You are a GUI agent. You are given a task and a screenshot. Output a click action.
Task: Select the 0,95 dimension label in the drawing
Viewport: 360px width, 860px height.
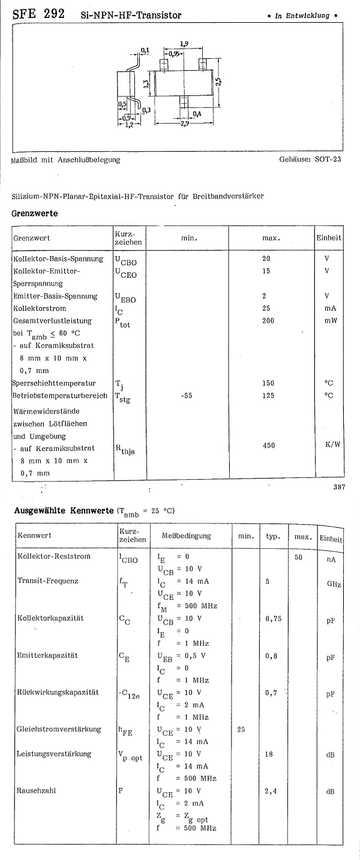tap(175, 54)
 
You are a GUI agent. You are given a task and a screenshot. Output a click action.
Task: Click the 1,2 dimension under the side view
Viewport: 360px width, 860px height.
tap(129, 125)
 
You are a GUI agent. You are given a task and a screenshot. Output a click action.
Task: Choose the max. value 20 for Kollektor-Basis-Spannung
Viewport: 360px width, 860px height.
tap(266, 258)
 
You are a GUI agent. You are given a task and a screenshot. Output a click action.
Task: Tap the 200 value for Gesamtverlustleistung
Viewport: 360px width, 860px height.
tap(268, 321)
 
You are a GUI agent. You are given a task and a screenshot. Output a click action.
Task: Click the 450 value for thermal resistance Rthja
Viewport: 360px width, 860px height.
tap(268, 446)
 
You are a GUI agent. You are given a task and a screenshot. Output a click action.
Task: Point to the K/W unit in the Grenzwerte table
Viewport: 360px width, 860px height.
tap(332, 446)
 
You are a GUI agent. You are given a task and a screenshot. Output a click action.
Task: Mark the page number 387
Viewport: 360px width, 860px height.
tap(339, 487)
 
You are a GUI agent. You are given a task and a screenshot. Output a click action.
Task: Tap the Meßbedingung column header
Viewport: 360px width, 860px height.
tap(186, 536)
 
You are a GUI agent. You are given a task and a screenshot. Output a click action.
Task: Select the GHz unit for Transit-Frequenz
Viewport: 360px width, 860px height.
tap(334, 584)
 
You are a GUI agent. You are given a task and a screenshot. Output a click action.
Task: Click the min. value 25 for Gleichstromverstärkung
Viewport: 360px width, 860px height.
tap(241, 730)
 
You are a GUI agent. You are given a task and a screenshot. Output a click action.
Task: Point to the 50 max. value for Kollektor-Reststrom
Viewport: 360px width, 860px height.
tap(298, 557)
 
